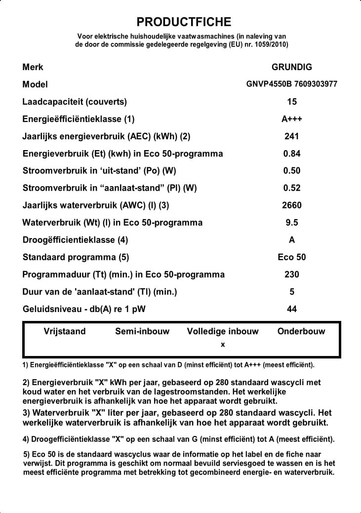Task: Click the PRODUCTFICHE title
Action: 184,22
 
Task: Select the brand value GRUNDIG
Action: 292,67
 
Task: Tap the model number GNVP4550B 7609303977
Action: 292,84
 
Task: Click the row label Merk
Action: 33,67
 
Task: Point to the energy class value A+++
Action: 292,119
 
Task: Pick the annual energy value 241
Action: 292,136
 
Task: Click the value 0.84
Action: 292,154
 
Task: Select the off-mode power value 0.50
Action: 292,171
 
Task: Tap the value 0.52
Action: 292,188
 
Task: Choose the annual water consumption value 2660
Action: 292,205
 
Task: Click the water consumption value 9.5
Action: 292,223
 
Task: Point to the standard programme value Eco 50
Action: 292,257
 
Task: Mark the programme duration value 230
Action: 292,275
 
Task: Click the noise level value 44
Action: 292,309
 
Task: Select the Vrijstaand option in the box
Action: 65,331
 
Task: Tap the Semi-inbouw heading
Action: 142,331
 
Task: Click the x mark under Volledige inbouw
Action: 223,345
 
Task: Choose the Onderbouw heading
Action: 301,331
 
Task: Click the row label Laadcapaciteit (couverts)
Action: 75,102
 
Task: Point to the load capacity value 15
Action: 292,102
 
